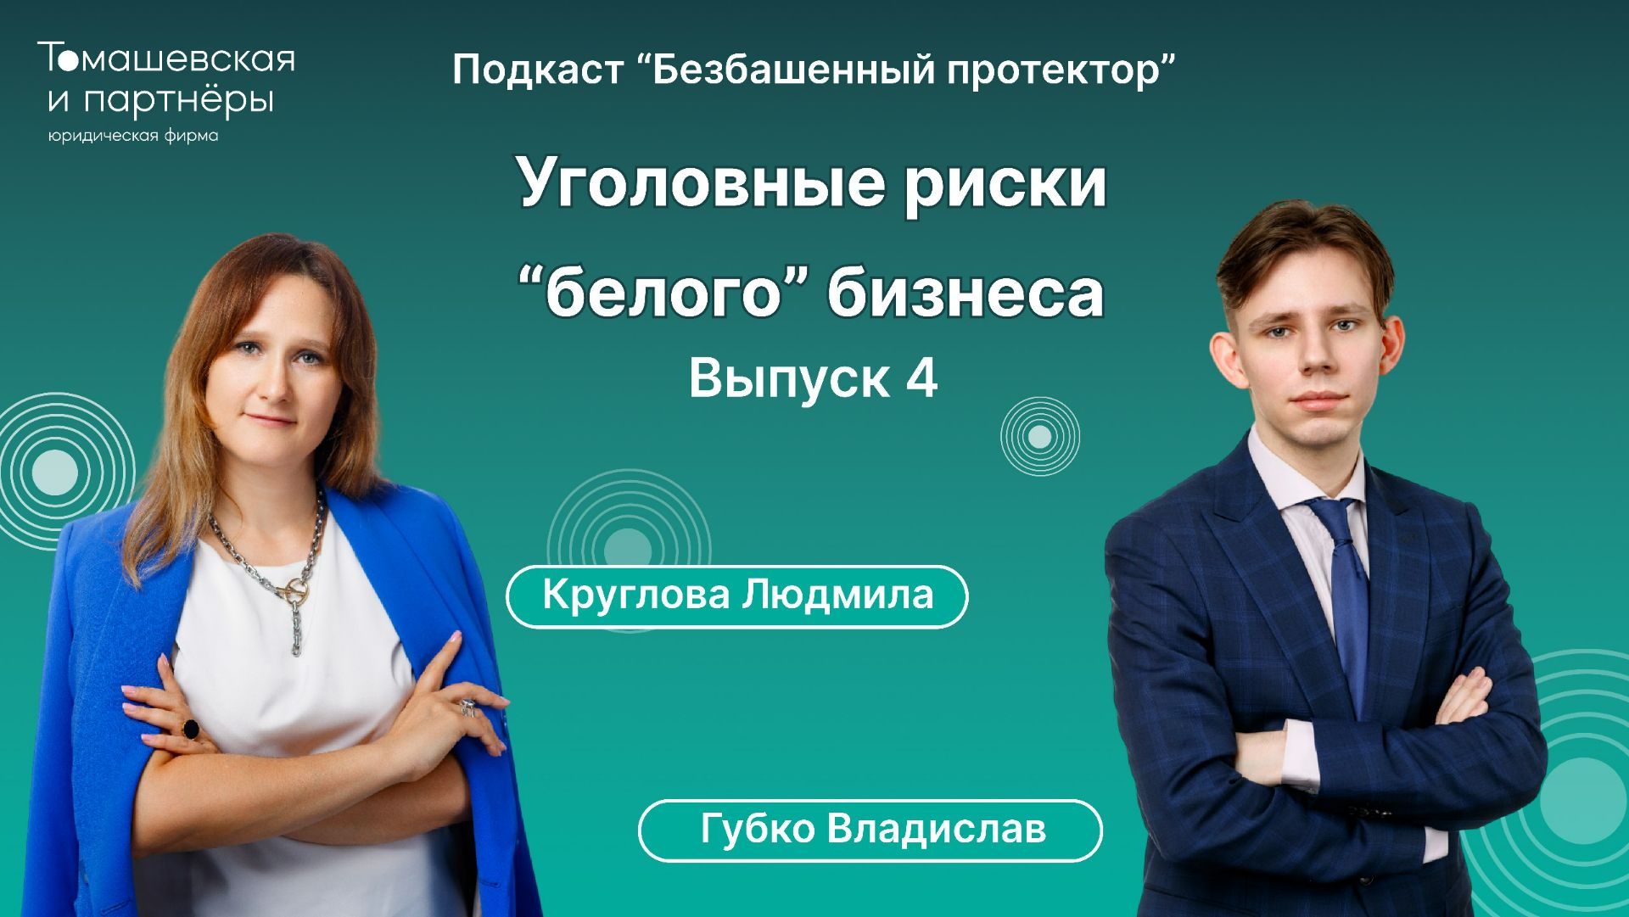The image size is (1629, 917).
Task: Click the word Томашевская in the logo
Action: [166, 59]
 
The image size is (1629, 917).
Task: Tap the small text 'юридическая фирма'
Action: [133, 137]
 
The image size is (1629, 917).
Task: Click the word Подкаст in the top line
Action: [538, 70]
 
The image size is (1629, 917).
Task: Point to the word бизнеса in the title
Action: [966, 294]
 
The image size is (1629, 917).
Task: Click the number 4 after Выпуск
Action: [921, 379]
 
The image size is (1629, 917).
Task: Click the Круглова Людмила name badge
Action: [736, 596]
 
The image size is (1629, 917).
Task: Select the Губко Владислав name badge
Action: [870, 830]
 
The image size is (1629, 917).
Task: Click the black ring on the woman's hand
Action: [190, 729]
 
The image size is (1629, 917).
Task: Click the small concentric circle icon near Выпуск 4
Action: [1039, 437]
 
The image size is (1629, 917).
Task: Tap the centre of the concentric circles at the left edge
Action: [54, 472]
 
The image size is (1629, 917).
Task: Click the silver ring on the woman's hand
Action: [467, 707]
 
